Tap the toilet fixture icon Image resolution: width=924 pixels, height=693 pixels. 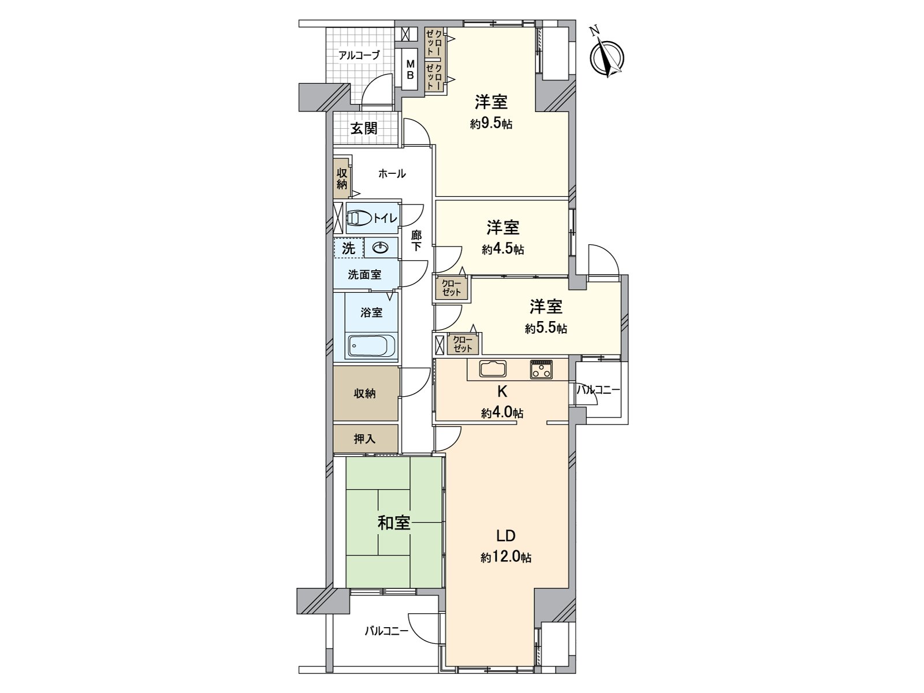click(359, 218)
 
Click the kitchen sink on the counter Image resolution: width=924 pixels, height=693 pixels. click(493, 369)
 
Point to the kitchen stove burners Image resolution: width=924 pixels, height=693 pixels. click(541, 369)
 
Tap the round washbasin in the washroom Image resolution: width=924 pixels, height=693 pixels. click(381, 249)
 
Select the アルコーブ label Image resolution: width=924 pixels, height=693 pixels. click(359, 55)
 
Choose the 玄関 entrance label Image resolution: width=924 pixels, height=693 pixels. click(364, 128)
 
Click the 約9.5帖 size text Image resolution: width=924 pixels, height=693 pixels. click(491, 124)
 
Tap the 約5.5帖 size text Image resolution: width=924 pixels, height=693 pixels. click(546, 329)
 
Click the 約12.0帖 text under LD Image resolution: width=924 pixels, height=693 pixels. click(505, 558)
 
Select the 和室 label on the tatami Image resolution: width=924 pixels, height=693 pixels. click(394, 523)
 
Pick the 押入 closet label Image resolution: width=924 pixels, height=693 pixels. click(364, 439)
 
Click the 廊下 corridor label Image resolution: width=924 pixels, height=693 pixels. click(416, 241)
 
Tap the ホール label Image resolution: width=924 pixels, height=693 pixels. click(392, 173)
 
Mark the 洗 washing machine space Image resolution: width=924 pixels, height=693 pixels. click(349, 248)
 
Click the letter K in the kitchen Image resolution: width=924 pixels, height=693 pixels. click(502, 392)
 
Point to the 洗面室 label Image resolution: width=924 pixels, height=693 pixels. click(364, 275)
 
